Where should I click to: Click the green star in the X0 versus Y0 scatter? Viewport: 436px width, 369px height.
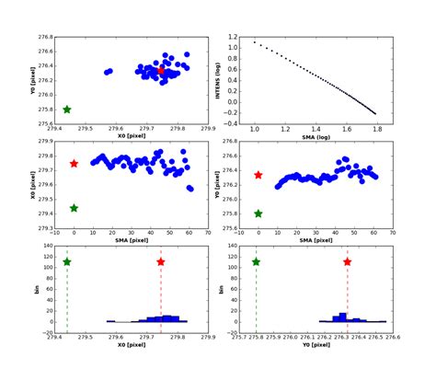(x=67, y=110)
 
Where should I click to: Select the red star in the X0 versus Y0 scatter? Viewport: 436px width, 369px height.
(x=161, y=70)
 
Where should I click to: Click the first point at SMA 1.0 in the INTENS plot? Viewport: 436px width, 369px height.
(x=255, y=42)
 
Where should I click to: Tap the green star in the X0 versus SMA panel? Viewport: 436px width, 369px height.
(x=74, y=208)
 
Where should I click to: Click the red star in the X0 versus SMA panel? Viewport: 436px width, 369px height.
(x=74, y=164)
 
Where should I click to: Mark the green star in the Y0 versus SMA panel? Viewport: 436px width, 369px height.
(x=258, y=213)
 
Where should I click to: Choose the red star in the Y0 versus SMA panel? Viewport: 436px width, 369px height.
(x=258, y=175)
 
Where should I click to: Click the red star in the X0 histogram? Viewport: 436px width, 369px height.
(x=161, y=262)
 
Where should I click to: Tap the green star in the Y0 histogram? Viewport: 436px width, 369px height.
(x=256, y=262)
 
